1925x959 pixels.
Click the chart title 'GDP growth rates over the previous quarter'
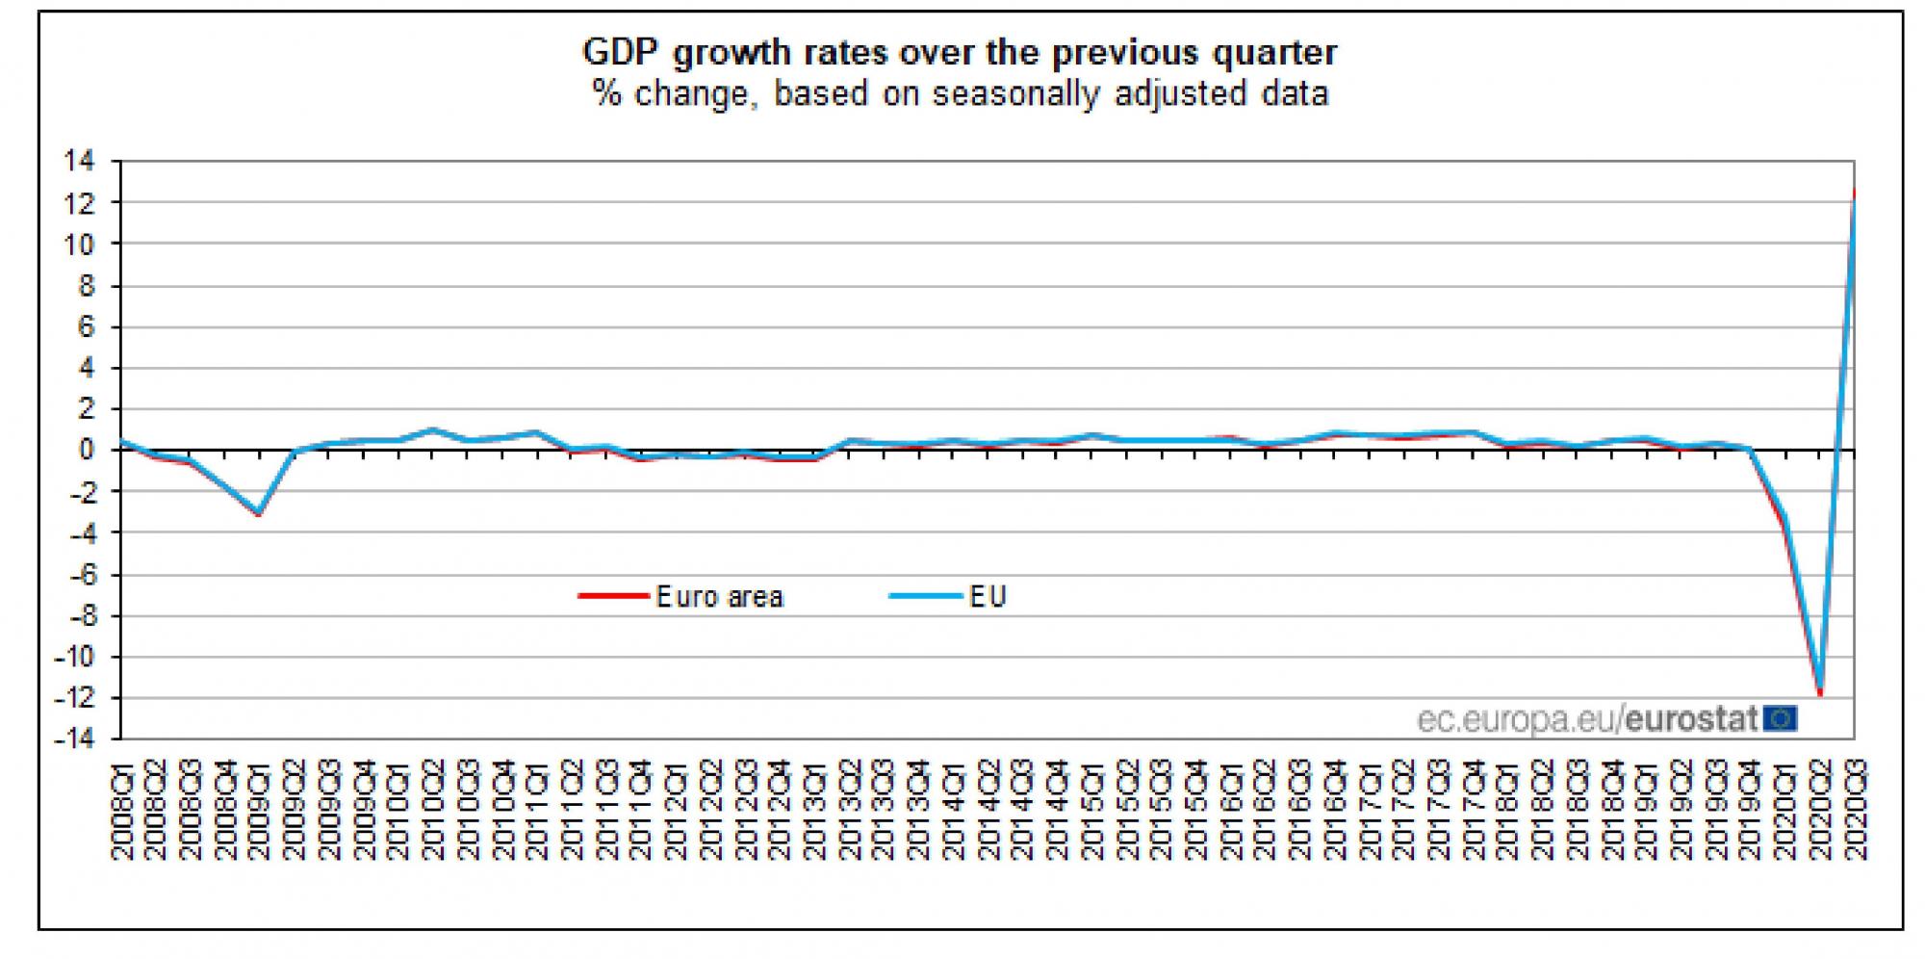pos(960,52)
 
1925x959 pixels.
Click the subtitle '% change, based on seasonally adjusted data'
pos(960,94)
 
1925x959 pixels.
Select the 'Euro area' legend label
pos(719,597)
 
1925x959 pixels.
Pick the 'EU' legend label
pos(988,597)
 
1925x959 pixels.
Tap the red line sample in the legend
pos(613,597)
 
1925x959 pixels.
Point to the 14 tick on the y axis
pos(79,162)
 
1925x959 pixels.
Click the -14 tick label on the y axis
pos(75,739)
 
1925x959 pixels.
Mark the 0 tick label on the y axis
pos(88,451)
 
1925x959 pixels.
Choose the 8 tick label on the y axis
pos(88,286)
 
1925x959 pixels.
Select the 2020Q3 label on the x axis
pos(1855,810)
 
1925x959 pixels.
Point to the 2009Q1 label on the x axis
pos(261,810)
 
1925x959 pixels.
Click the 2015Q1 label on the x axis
pos(1092,810)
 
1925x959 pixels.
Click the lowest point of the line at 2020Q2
pos(1819,691)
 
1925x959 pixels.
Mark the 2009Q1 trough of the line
pos(258,513)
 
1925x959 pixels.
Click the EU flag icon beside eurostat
pos(1782,718)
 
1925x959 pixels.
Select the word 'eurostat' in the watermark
pos(1691,719)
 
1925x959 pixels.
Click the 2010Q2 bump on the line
pos(432,429)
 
